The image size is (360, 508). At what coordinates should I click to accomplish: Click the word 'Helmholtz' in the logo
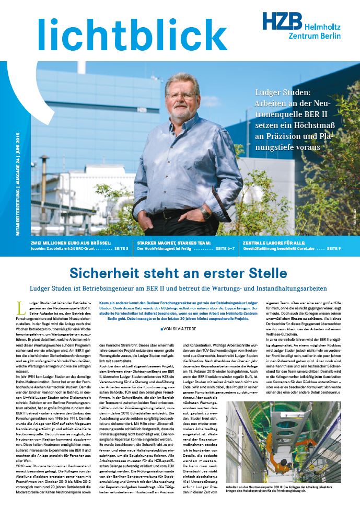point(322,26)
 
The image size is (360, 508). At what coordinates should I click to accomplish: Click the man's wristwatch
point(205,213)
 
